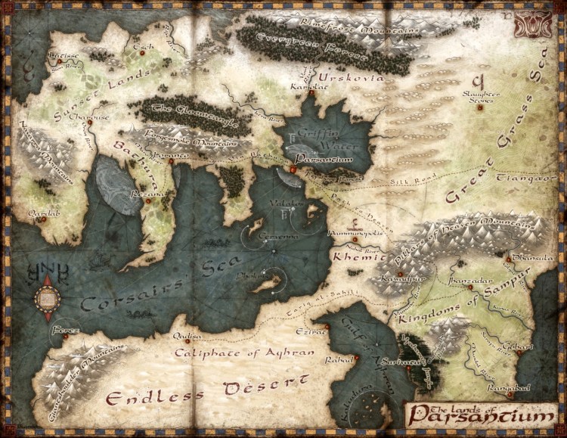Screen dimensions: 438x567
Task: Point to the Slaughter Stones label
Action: pos(482,96)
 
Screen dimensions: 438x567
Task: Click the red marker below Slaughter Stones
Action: pos(479,107)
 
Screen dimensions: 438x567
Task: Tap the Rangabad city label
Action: pos(510,388)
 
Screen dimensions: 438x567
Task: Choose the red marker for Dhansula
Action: pos(509,260)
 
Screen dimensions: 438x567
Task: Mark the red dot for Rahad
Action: pos(357,356)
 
